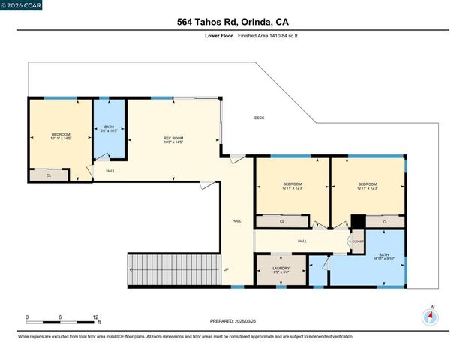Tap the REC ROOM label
point(173,140)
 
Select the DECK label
point(259,118)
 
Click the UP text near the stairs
point(225,269)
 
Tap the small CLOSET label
point(356,241)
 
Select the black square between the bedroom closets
point(358,222)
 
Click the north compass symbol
point(431,316)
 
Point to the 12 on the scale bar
point(95,316)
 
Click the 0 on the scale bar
point(28,316)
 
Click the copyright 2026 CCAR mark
point(22,6)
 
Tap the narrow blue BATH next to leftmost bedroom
point(108,130)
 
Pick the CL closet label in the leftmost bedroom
point(49,175)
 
